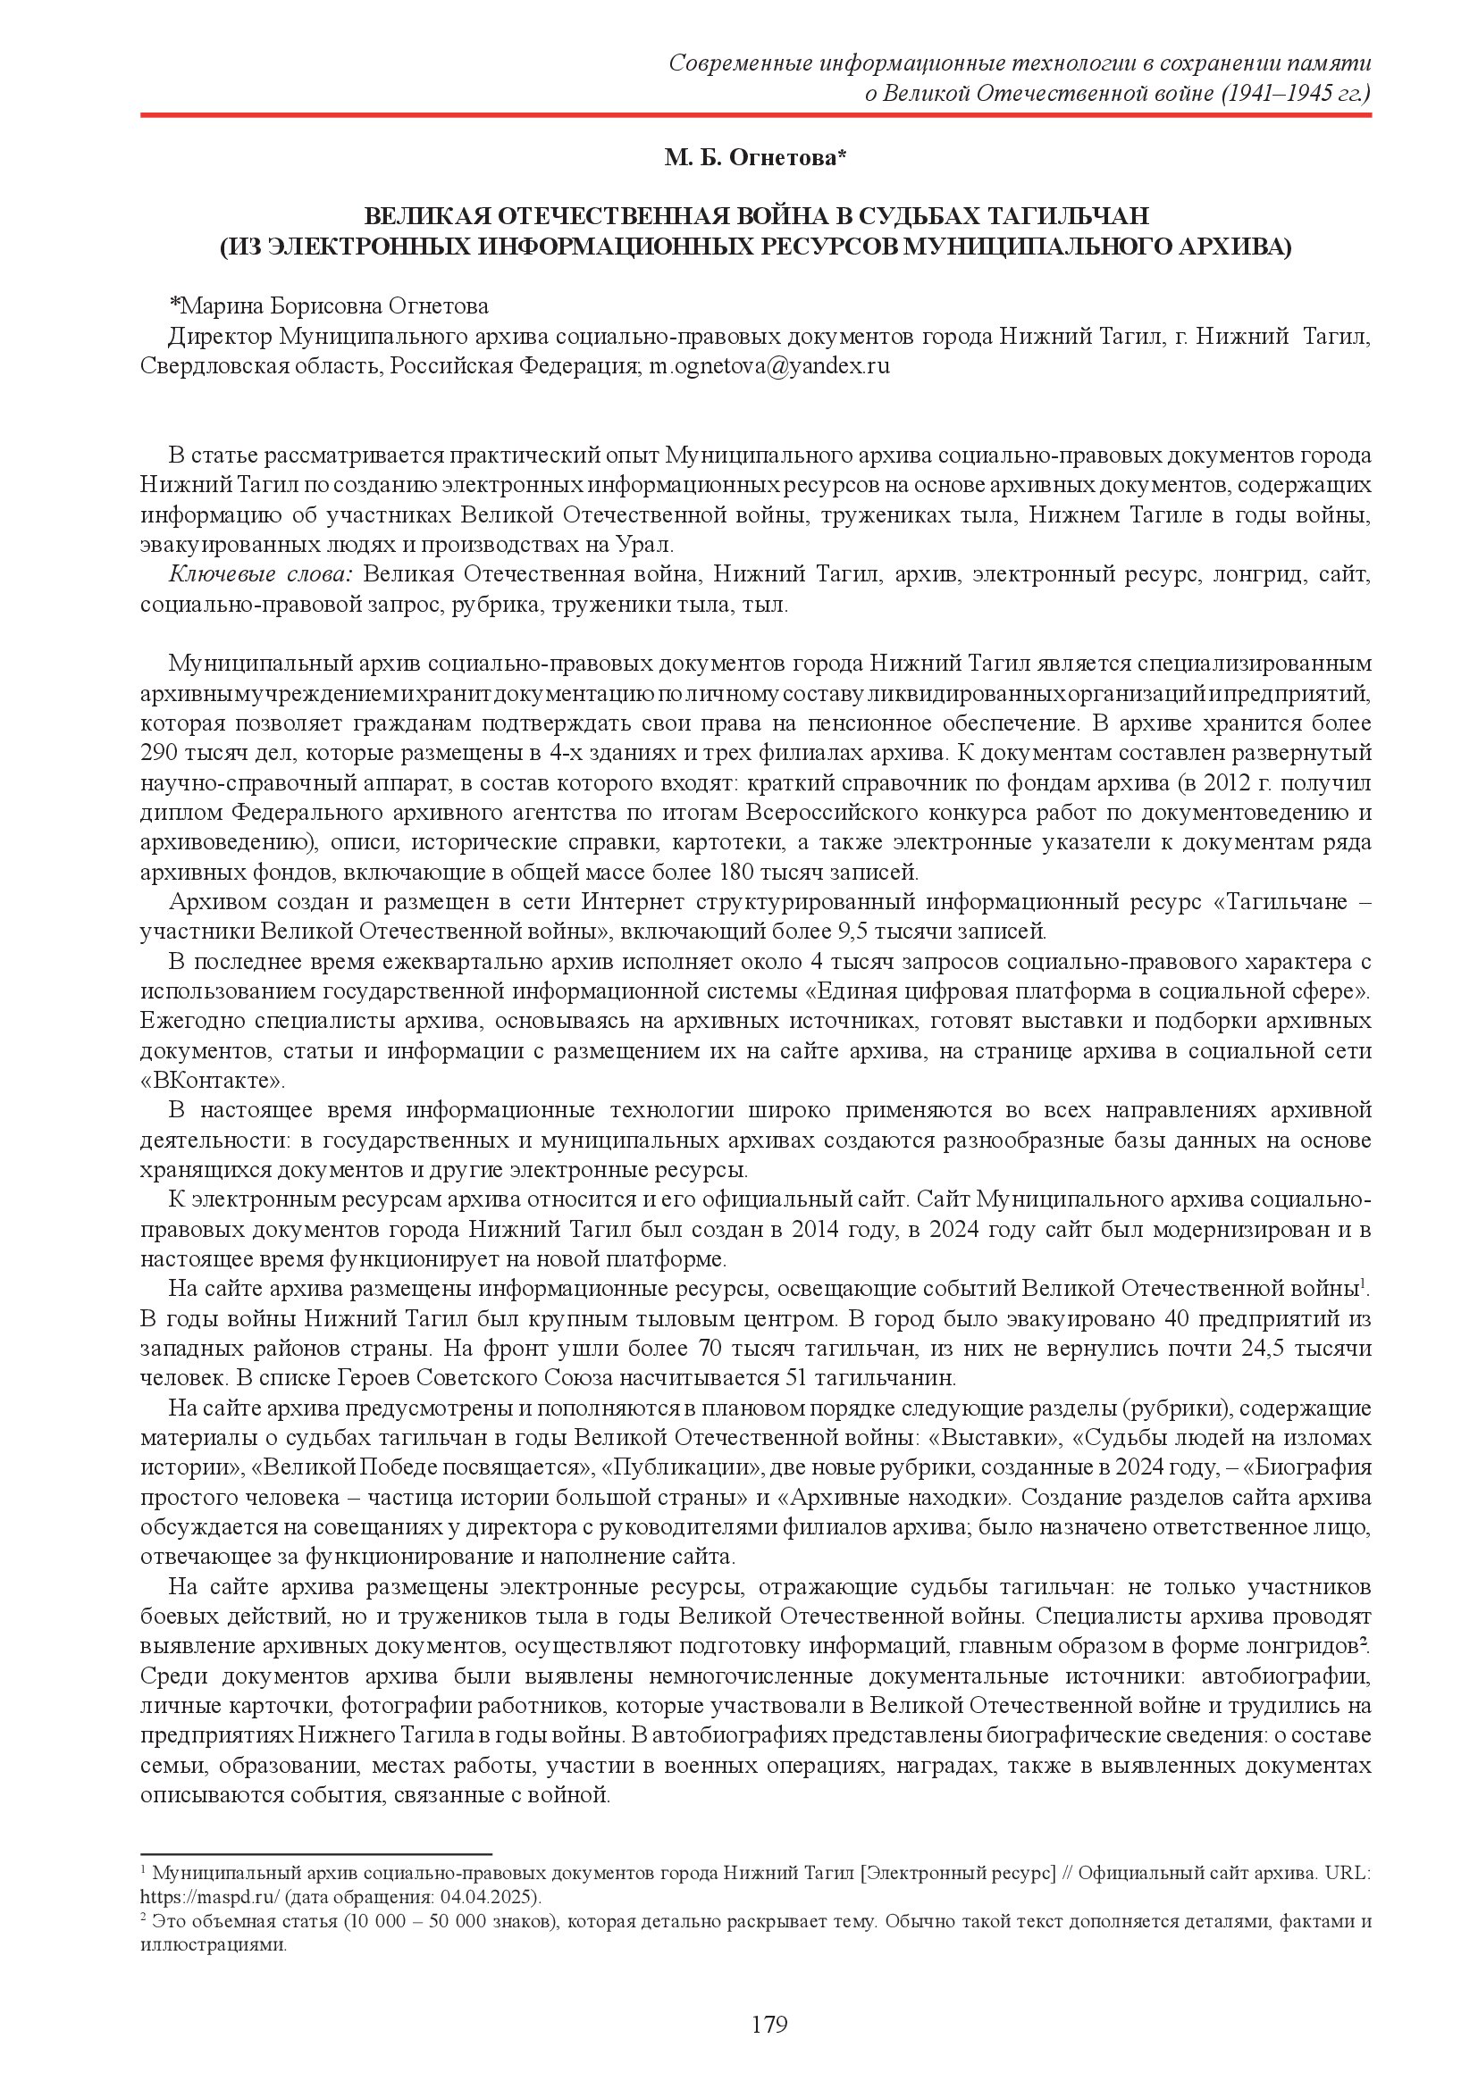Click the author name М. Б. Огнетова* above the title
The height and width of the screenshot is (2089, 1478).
click(x=754, y=158)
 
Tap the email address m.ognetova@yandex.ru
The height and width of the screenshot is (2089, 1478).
click(x=768, y=367)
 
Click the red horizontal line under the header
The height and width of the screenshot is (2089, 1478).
click(x=755, y=115)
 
